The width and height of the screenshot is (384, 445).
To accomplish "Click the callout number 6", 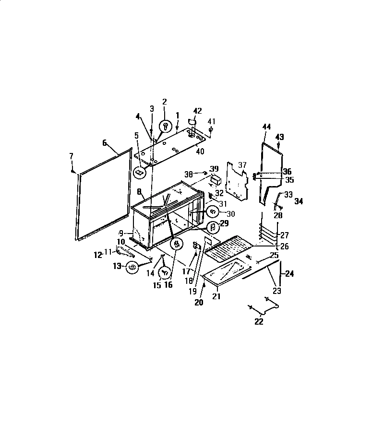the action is [x=105, y=143].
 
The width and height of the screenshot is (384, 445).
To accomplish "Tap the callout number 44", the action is [x=267, y=127].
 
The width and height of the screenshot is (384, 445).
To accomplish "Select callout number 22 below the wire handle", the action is [x=259, y=322].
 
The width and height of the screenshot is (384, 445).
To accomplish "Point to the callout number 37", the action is [x=242, y=165].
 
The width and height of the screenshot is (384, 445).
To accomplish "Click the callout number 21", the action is [x=216, y=296].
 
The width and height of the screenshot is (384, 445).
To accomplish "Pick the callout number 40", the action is [x=200, y=152].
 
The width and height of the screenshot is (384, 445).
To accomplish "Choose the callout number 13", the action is [x=117, y=266].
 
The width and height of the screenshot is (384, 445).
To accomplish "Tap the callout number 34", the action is [x=299, y=201].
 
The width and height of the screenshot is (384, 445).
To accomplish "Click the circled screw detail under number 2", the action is [x=166, y=125].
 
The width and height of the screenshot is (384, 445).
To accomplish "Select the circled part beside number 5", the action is [x=139, y=172].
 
